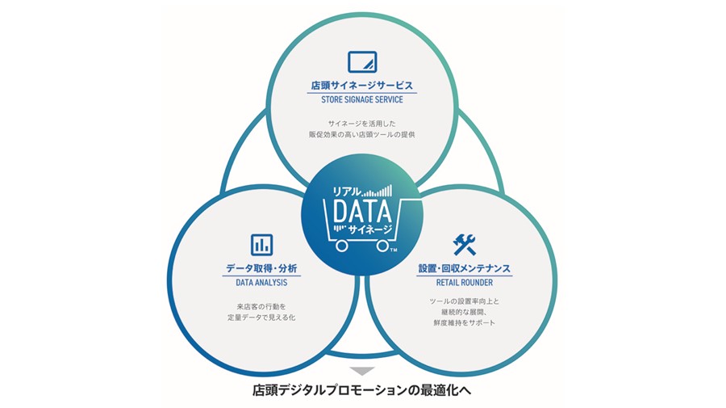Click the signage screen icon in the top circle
[362, 62]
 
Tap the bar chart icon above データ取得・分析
[261, 245]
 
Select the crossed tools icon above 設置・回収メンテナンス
[464, 245]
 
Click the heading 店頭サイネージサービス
[362, 86]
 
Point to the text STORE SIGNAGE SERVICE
[362, 99]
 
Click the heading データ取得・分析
[261, 268]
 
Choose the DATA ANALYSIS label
[261, 282]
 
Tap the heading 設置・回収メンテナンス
[465, 268]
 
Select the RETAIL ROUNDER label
[465, 282]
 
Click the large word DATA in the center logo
[362, 212]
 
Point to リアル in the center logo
[347, 191]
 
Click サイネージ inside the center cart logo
[370, 229]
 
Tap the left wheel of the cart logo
[342, 246]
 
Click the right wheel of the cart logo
[382, 246]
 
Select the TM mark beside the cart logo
[394, 250]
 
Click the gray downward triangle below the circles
[362, 371]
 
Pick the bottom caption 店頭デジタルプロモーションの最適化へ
[362, 390]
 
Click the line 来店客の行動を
[261, 306]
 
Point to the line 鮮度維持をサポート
[465, 322]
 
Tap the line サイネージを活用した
[362, 124]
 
